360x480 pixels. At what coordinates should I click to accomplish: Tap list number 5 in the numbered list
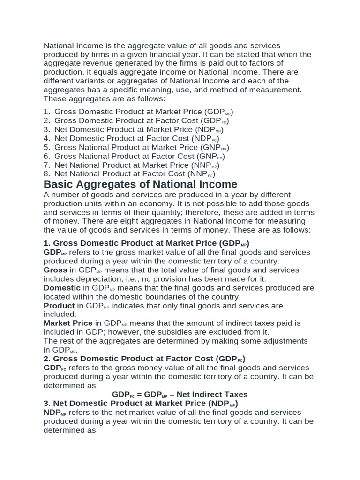[46, 147]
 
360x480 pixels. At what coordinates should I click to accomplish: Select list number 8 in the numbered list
[46, 174]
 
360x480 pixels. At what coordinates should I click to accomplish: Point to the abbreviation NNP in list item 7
[202, 165]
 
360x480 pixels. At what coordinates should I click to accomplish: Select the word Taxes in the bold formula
[235, 394]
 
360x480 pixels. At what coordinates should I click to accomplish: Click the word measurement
[277, 90]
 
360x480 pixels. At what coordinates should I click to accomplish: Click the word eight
[132, 221]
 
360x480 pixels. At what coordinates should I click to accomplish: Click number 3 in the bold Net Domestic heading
[46, 403]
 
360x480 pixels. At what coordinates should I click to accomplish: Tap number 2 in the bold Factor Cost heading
[46, 359]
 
